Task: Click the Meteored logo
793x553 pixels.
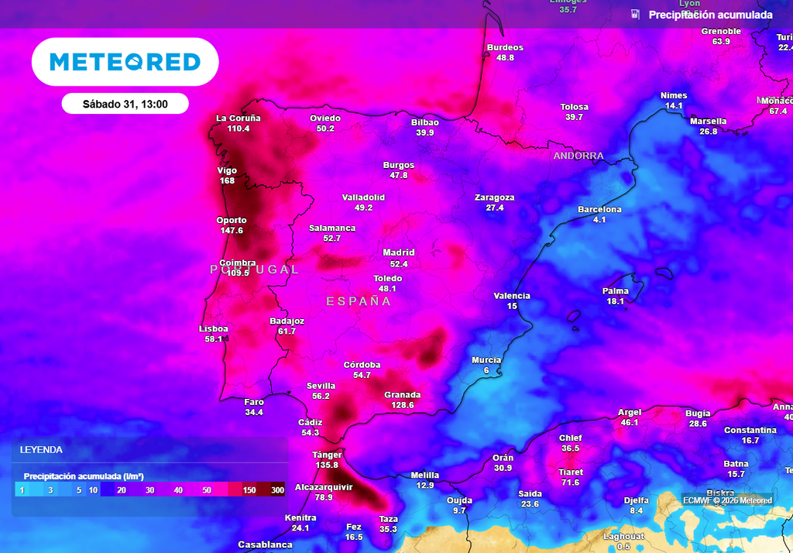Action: coord(125,62)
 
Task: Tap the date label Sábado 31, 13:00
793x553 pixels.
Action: coord(125,104)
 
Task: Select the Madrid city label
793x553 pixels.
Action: coord(399,252)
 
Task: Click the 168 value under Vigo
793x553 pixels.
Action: coord(227,181)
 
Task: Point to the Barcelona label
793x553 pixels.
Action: coord(599,210)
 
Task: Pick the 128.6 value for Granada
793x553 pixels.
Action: coord(403,405)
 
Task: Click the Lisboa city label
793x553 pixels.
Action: coord(213,328)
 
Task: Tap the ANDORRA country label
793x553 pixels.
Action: coord(578,156)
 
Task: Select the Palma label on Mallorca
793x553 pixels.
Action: coord(616,291)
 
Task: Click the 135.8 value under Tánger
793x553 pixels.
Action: coord(326,465)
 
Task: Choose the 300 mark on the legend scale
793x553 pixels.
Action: coord(277,490)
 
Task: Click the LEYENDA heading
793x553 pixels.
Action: coord(41,450)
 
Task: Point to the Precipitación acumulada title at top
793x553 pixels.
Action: coord(710,15)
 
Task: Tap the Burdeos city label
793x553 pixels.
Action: coord(505,48)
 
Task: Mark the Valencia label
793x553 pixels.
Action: coord(512,296)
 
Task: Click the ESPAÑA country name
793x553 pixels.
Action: coord(359,301)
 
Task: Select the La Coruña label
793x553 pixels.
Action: coord(238,118)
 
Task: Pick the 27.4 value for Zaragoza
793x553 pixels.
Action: coord(495,208)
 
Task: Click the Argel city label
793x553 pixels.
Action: coord(630,412)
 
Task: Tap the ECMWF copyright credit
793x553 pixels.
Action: coord(727,500)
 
